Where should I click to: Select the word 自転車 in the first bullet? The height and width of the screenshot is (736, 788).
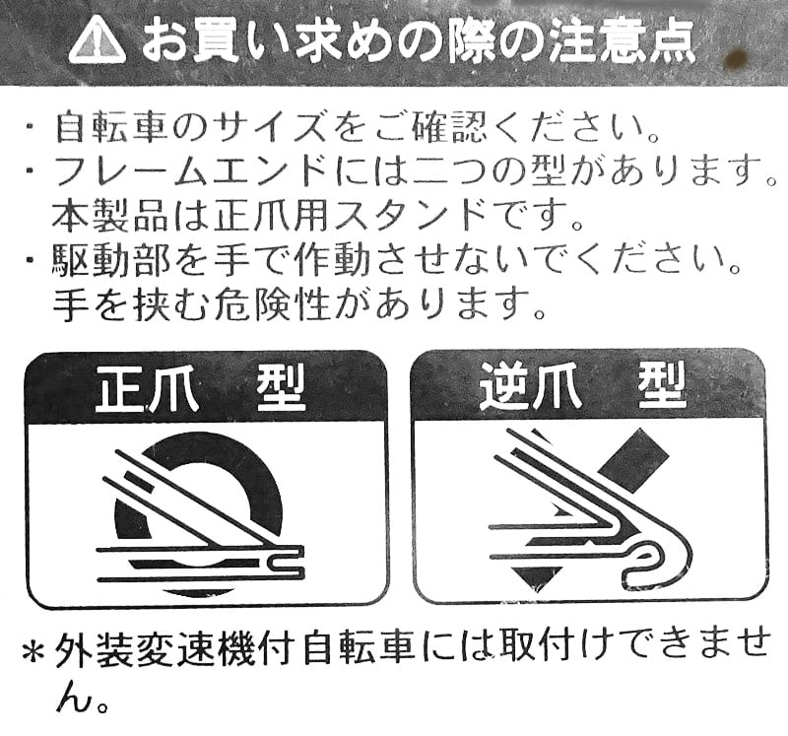110,129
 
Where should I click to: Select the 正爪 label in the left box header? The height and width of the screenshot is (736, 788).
147,390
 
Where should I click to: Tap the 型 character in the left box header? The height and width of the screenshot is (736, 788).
281,389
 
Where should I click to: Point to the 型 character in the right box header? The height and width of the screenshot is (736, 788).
663,387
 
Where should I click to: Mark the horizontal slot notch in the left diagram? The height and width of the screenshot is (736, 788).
286,564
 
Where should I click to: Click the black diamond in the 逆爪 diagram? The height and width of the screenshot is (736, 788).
636,461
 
